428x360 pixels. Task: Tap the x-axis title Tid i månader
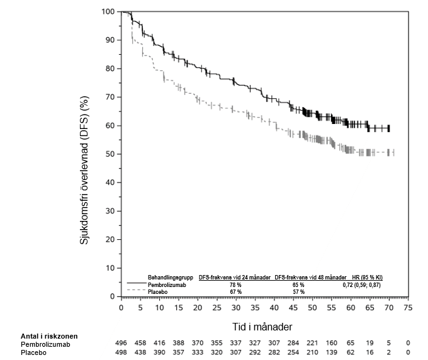260,327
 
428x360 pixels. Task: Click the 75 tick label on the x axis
408,308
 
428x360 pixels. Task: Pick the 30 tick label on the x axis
235,308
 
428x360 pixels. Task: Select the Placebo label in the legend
157,292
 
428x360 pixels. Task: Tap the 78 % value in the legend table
235,285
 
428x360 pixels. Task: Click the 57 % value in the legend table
298,292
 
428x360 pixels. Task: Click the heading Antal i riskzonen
47,335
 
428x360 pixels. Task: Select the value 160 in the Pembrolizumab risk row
332,344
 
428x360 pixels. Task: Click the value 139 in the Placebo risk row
332,352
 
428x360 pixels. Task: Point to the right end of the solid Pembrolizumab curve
389,128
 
